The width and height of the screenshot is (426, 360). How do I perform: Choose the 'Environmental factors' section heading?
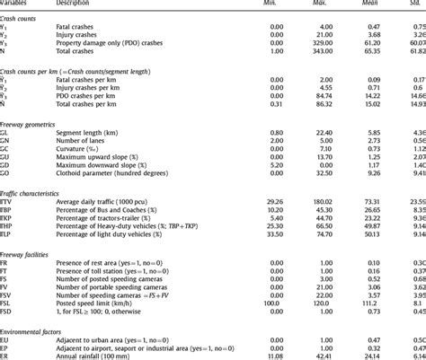coord(33,333)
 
